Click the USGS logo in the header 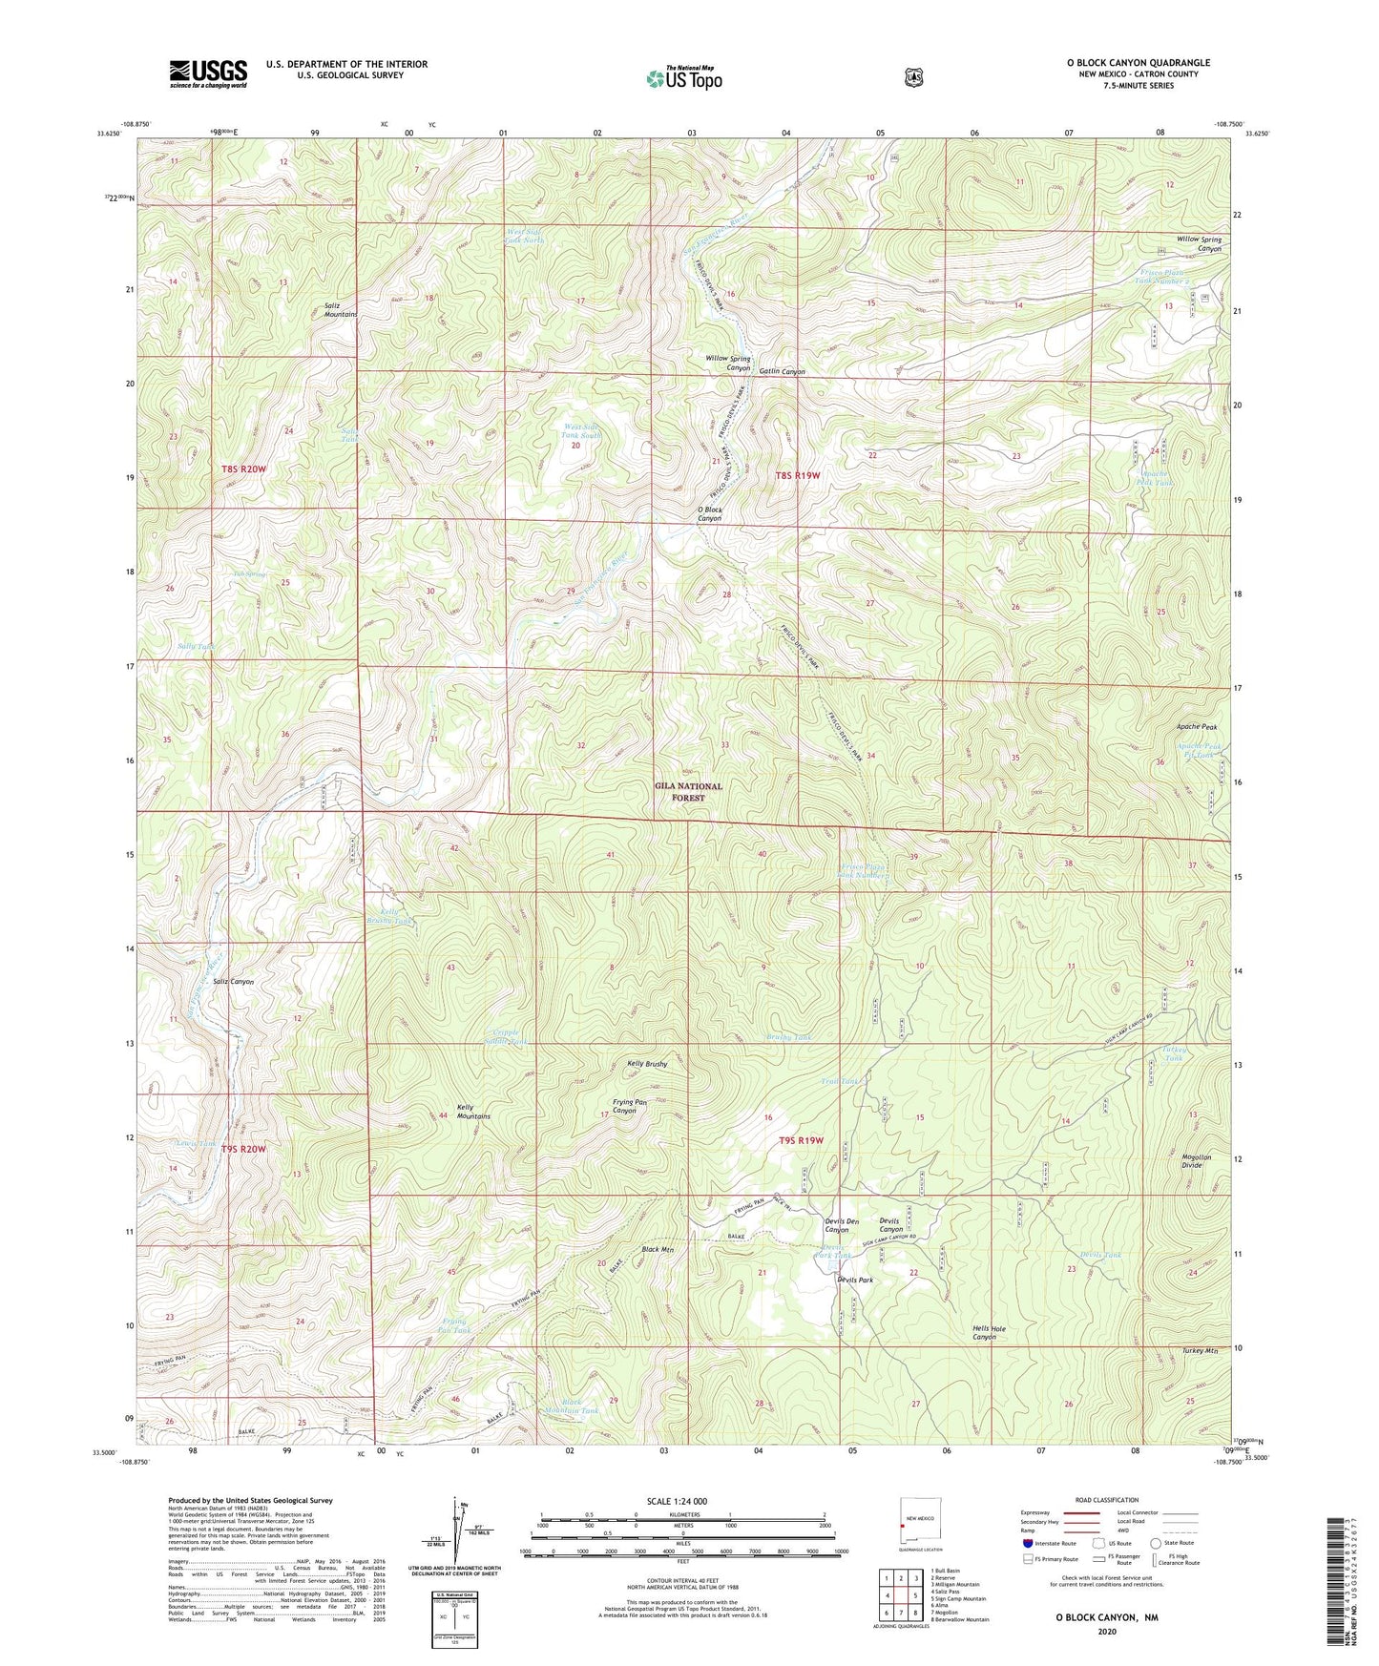click(x=208, y=73)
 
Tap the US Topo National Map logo click(x=682, y=77)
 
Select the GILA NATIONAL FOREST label click(x=688, y=792)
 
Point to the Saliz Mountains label click(x=341, y=309)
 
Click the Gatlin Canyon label click(x=782, y=372)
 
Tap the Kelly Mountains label click(x=473, y=1112)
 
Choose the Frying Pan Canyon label click(x=624, y=1107)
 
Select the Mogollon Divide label click(x=1196, y=1161)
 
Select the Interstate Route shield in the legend click(x=1027, y=1543)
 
